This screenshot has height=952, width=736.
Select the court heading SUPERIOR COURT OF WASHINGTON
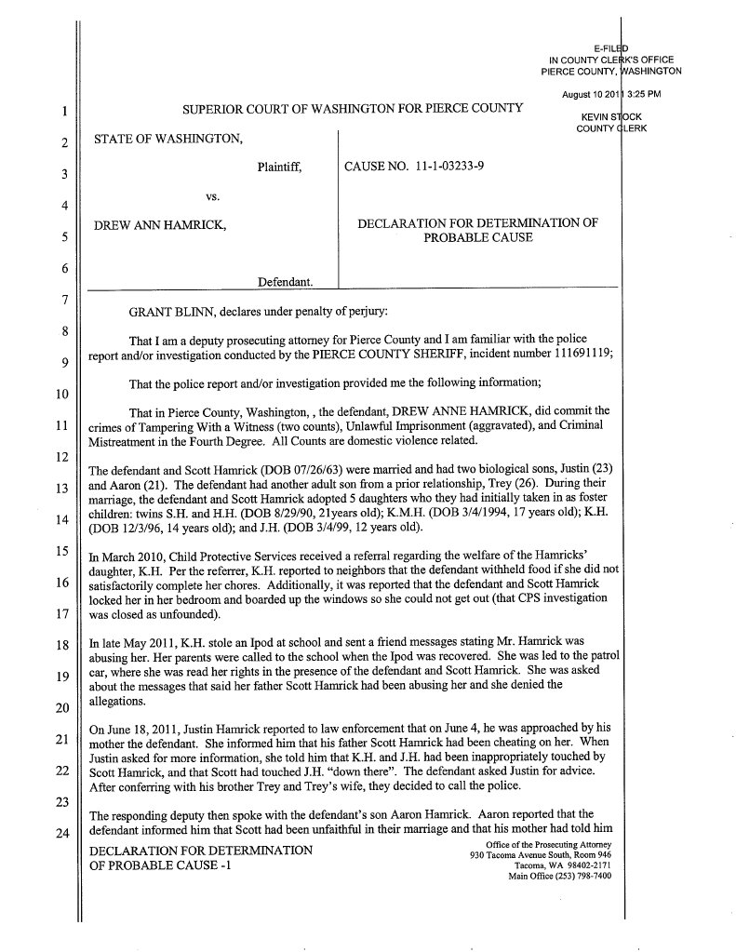pos(352,109)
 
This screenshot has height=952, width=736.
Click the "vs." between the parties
pos(211,196)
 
